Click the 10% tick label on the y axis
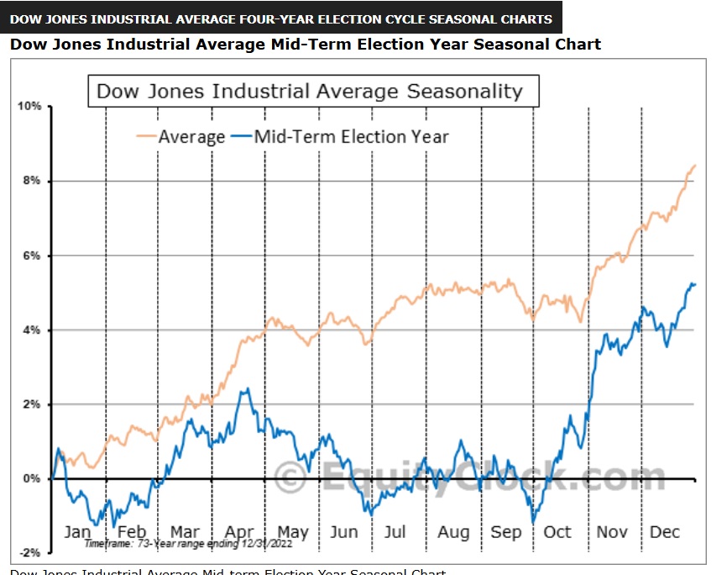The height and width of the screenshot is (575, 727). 29,107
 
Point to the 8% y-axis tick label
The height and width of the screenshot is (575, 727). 32,182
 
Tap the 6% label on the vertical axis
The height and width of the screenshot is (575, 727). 32,256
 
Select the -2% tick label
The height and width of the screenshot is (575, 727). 30,552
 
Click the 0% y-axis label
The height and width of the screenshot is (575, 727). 32,478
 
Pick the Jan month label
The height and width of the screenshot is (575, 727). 77,532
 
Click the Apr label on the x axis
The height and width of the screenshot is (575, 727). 239,532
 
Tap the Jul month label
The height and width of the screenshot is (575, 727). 395,532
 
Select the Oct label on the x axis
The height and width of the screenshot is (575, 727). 557,532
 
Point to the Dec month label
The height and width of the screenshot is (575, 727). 665,532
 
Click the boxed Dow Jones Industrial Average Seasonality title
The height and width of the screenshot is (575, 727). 310,92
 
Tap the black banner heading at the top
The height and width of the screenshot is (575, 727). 281,18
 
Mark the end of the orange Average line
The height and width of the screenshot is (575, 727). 696,166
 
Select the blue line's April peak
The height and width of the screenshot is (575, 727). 244,389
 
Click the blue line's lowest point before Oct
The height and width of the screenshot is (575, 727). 532,521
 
